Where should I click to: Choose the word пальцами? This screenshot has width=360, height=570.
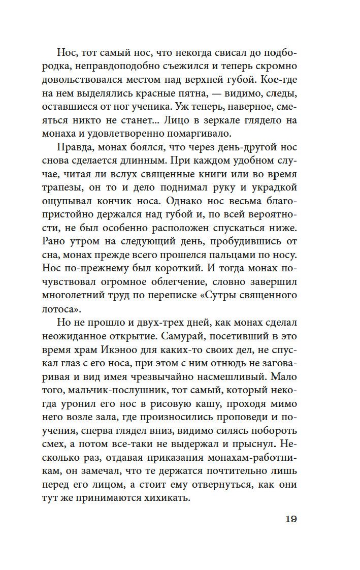[230, 253]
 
